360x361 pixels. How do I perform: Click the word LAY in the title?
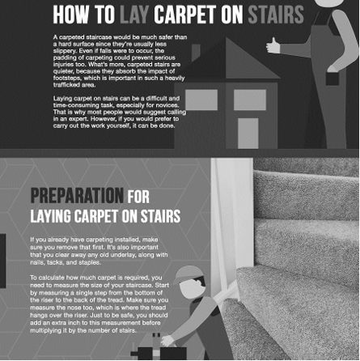coord(134,15)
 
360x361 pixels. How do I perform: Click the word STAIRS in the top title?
coord(276,15)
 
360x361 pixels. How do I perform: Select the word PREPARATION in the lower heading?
coord(77,196)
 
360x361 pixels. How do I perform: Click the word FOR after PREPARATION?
coord(138,197)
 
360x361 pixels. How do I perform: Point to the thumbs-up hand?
coord(273,46)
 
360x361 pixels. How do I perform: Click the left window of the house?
coord(201,100)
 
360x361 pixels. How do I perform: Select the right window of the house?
coord(250,100)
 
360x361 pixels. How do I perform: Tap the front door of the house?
coord(248,134)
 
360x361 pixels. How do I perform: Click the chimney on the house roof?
coord(196,53)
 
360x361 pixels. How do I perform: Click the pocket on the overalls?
coord(332,79)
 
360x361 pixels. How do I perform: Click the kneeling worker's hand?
coord(167,341)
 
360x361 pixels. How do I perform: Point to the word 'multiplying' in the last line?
coord(46,330)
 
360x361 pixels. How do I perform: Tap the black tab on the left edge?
coord(2,261)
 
